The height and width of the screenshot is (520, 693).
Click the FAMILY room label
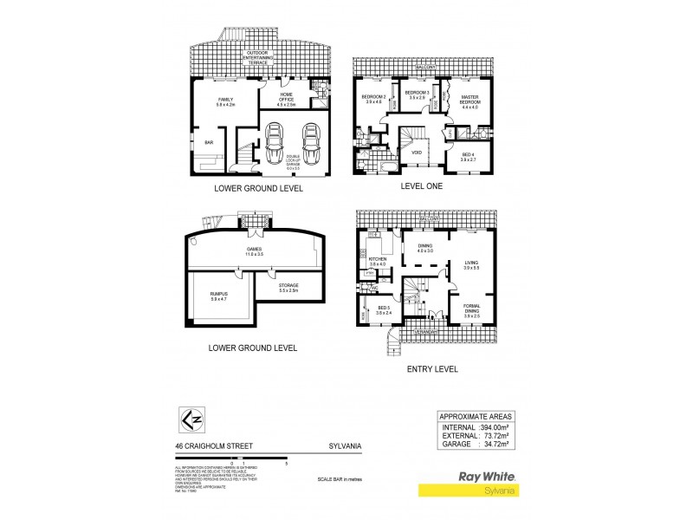[224, 100]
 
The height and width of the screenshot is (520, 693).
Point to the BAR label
[208, 141]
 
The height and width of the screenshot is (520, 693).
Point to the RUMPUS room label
[219, 297]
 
